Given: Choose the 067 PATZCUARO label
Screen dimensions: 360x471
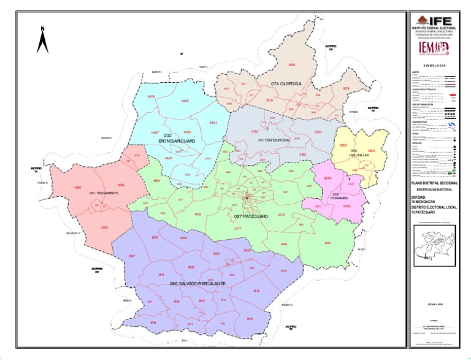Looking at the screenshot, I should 250,216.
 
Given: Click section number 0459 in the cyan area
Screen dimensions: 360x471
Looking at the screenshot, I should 151,96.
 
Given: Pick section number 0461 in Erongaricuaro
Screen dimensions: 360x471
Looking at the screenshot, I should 213,123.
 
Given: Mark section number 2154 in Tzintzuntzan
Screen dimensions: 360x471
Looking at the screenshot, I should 318,132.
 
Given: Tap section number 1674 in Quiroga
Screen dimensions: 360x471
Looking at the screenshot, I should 346,88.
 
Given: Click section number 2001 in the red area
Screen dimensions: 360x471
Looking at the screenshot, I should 105,228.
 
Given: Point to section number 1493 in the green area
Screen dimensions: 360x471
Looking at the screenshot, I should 327,243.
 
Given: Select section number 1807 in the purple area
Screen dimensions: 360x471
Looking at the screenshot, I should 131,255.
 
